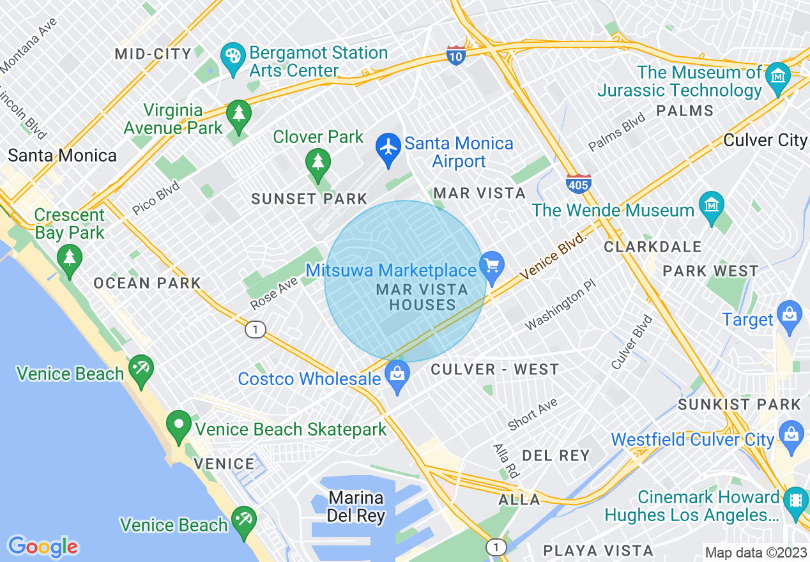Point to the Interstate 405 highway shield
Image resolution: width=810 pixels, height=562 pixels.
[x=577, y=183]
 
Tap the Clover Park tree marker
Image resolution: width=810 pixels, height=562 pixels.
[x=317, y=161]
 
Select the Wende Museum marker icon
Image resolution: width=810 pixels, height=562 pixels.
[x=710, y=205]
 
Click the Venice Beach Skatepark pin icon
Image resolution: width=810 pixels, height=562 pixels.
[x=178, y=424]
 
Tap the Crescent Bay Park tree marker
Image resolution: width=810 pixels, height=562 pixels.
[x=69, y=258]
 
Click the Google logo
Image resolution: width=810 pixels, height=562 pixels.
[x=43, y=547]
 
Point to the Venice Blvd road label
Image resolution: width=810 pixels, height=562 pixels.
[x=553, y=255]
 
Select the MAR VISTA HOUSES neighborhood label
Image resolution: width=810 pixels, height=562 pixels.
[x=422, y=297]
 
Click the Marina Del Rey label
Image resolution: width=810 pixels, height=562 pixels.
[x=356, y=506]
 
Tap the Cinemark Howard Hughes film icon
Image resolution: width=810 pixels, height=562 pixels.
[x=795, y=498]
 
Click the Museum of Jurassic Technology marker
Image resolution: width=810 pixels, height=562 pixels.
[x=778, y=76]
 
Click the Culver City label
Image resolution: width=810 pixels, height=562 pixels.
[x=765, y=140]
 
